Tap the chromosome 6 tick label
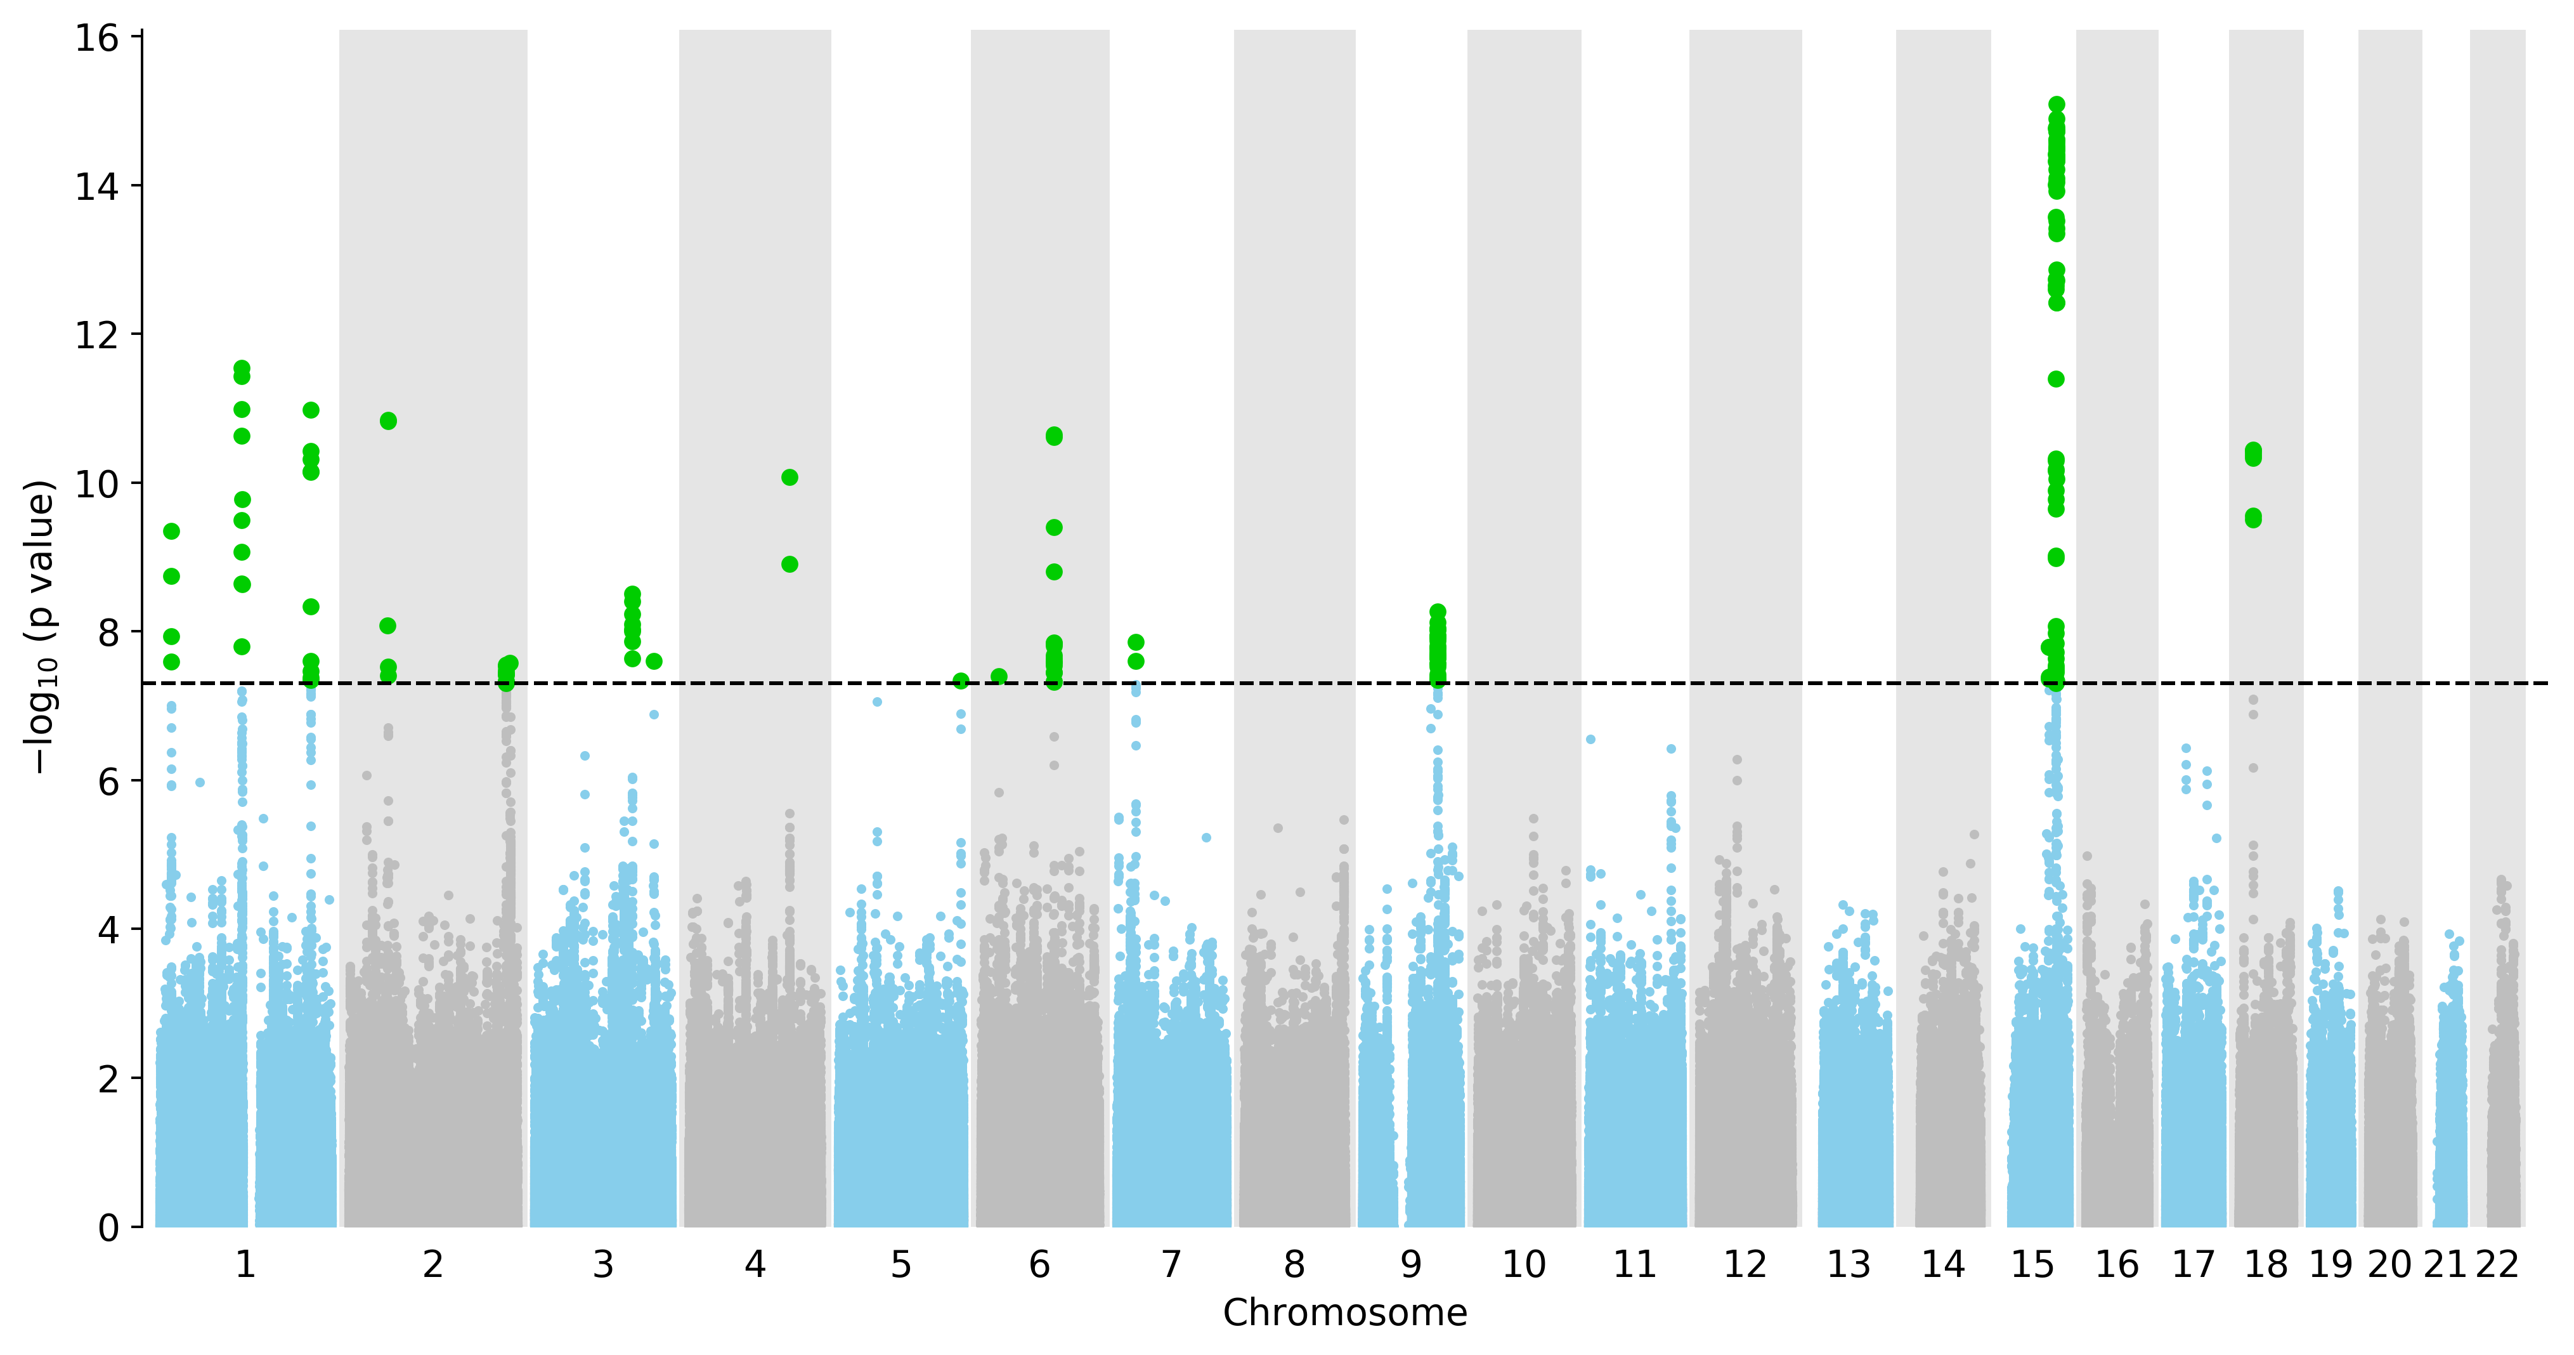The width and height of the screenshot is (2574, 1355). [x=1039, y=1265]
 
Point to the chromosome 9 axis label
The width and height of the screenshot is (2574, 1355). [x=1410, y=1265]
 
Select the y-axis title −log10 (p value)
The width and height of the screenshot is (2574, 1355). [x=40, y=627]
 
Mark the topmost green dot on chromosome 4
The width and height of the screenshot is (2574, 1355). [x=790, y=478]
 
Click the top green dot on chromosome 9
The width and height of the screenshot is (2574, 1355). [x=1438, y=612]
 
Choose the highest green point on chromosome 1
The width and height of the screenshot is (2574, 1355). [x=242, y=368]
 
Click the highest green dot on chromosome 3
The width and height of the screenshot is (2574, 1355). [x=632, y=594]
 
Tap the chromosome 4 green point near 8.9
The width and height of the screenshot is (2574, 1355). [x=790, y=565]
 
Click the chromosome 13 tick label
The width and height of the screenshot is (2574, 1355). [x=1849, y=1265]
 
